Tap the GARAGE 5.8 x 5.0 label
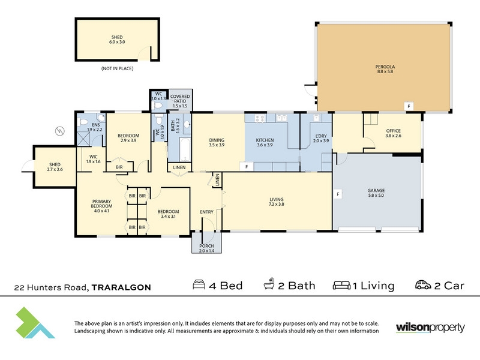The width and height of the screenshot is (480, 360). pyautogui.click(x=376, y=193)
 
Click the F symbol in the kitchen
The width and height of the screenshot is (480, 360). pyautogui.click(x=247, y=167)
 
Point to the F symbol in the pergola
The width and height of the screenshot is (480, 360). pyautogui.click(x=409, y=106)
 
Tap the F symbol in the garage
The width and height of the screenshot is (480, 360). pyautogui.click(x=338, y=194)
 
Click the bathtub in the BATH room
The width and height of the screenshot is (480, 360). pyautogui.click(x=185, y=149)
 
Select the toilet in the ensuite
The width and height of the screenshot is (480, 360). pyautogui.click(x=83, y=122)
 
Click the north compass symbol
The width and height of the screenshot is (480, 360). pyautogui.click(x=59, y=131)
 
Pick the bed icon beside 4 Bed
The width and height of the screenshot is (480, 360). pyautogui.click(x=199, y=284)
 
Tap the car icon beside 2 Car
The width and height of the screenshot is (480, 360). pyautogui.click(x=423, y=284)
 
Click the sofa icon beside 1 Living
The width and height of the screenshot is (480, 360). pyautogui.click(x=341, y=286)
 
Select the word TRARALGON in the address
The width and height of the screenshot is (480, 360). pyautogui.click(x=121, y=287)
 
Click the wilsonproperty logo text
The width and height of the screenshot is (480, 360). pyautogui.click(x=430, y=328)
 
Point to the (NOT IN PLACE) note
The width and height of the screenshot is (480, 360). pyautogui.click(x=117, y=68)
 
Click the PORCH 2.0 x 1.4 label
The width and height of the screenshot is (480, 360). pyautogui.click(x=206, y=248)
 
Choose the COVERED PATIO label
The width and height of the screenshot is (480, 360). pyautogui.click(x=180, y=98)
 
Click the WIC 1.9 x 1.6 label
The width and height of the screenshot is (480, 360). pyautogui.click(x=94, y=159)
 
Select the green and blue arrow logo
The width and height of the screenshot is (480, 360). pyautogui.click(x=35, y=323)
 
